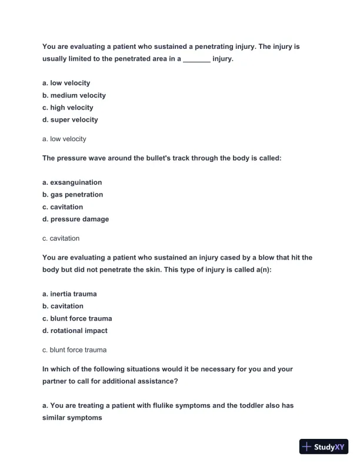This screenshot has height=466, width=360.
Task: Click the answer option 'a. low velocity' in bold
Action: (x=66, y=83)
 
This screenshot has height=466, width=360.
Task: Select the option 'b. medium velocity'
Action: (x=74, y=95)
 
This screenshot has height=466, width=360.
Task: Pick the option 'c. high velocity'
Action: (x=68, y=108)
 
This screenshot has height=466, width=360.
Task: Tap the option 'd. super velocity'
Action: (x=70, y=120)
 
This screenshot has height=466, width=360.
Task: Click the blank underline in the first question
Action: (x=196, y=59)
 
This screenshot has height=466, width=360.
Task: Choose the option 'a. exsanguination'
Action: (x=72, y=182)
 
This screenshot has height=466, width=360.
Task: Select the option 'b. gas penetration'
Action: (x=72, y=195)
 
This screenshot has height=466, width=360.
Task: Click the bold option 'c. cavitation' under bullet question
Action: (x=62, y=207)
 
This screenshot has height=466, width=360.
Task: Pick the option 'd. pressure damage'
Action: (x=75, y=219)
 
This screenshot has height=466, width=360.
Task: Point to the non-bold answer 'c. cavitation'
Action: (x=61, y=238)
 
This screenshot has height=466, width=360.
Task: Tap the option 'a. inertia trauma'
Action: (x=69, y=294)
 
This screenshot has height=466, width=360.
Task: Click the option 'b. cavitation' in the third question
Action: (x=62, y=306)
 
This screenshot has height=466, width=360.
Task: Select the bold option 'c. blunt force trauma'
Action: (x=77, y=318)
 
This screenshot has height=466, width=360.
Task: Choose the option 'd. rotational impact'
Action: (x=75, y=331)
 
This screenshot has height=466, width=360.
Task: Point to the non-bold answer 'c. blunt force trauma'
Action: (x=74, y=349)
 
